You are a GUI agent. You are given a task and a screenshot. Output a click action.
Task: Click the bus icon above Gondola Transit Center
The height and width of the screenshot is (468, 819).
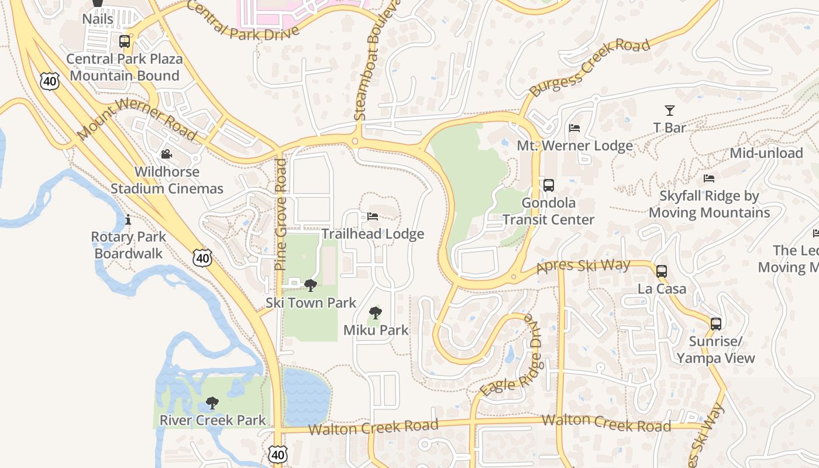[x=549, y=185]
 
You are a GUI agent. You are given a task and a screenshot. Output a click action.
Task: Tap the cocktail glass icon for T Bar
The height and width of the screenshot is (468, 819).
[x=670, y=110]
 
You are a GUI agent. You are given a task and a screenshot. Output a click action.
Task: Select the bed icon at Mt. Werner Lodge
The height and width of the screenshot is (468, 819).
[x=574, y=128]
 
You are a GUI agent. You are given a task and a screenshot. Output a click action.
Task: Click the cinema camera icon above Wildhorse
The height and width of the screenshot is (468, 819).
[x=167, y=154]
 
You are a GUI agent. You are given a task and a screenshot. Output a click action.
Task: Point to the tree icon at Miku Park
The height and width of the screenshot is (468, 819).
[x=376, y=313]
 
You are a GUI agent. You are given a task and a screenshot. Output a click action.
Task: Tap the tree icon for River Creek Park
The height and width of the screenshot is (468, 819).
[x=212, y=402]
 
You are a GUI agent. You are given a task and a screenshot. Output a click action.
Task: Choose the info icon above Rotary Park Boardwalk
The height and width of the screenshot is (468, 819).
[x=128, y=220]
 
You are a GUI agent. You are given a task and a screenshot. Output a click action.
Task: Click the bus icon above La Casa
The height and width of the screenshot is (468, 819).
[x=662, y=271]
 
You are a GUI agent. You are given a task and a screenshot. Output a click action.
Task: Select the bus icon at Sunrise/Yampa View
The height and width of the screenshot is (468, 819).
[x=715, y=324]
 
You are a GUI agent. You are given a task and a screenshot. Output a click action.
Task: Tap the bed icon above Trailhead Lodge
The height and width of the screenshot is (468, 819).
[x=373, y=216]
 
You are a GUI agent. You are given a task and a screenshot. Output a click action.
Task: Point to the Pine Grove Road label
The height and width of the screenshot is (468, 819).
[x=281, y=214]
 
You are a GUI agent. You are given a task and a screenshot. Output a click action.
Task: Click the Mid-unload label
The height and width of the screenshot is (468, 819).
[x=766, y=153]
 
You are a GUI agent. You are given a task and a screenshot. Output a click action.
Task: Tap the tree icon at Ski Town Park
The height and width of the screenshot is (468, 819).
[x=310, y=285]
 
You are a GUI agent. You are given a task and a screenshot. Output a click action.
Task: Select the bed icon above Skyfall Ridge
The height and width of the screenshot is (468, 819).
[x=709, y=178]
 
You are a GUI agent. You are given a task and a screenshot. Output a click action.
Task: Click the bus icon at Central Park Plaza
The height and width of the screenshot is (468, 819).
[x=124, y=41]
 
